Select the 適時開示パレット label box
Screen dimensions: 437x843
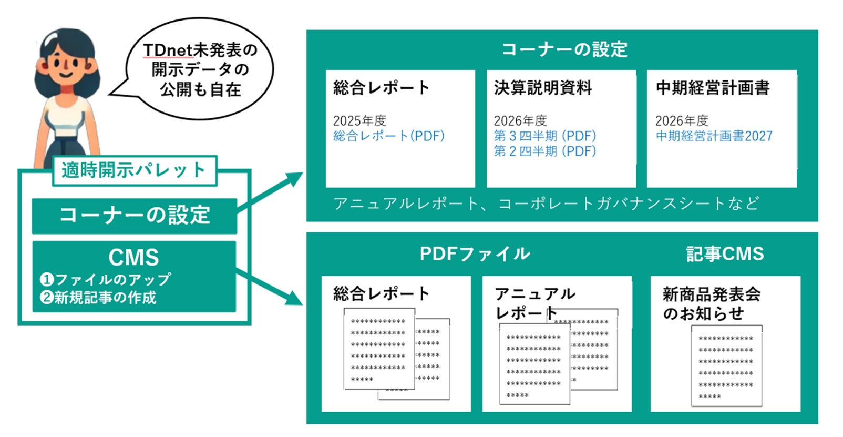click(134, 170)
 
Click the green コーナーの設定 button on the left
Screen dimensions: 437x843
click(134, 216)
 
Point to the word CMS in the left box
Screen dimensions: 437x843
click(133, 257)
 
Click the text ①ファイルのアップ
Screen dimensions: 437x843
click(106, 279)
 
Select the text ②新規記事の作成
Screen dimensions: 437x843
click(98, 298)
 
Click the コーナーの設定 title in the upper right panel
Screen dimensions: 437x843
click(564, 49)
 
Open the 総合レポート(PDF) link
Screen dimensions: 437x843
click(388, 136)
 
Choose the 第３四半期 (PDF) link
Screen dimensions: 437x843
click(544, 136)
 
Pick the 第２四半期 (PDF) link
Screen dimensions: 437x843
click(544, 151)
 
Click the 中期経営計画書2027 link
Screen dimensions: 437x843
click(714, 136)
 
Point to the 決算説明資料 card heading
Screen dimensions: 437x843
click(543, 88)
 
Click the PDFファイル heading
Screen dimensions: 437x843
click(475, 254)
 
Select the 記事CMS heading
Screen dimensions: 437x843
click(725, 254)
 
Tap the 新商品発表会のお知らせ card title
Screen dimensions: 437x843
click(711, 303)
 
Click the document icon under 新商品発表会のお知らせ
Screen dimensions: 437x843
click(726, 366)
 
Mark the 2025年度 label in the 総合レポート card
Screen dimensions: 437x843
click(359, 120)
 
